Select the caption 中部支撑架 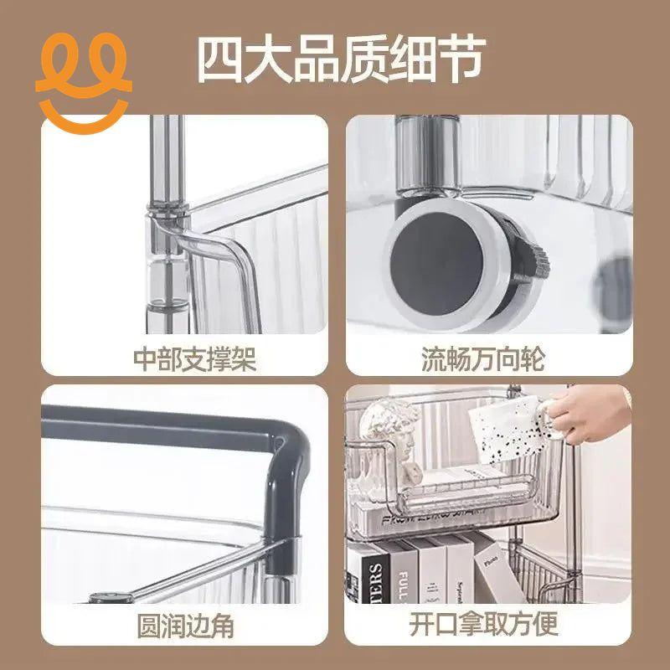coord(194,359)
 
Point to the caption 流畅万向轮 coord(482,359)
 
